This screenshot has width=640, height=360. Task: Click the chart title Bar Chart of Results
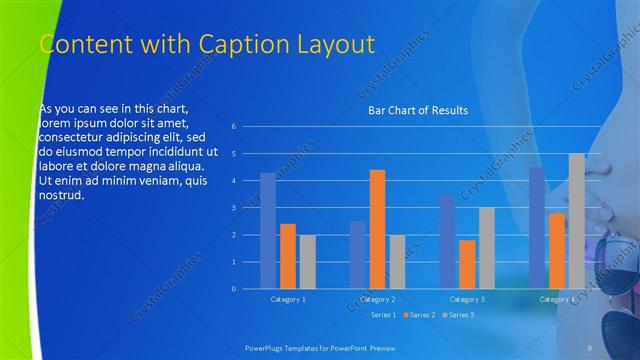click(413, 110)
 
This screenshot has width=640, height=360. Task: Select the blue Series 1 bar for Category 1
click(267, 231)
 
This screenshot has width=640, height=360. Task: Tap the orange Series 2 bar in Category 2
click(377, 229)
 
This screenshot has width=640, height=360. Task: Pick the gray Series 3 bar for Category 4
click(576, 221)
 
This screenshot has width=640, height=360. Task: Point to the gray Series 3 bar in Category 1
click(307, 262)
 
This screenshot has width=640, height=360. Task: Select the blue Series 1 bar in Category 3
click(447, 241)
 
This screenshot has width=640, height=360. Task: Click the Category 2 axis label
click(378, 299)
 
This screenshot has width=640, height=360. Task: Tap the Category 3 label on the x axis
click(467, 299)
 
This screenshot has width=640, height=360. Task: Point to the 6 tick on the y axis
click(233, 127)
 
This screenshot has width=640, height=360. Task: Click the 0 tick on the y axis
click(233, 289)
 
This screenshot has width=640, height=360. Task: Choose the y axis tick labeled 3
click(233, 208)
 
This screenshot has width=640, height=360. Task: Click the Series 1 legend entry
click(381, 315)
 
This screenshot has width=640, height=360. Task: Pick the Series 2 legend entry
click(420, 315)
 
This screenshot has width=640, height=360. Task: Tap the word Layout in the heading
click(335, 44)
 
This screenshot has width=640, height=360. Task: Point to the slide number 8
click(590, 346)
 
